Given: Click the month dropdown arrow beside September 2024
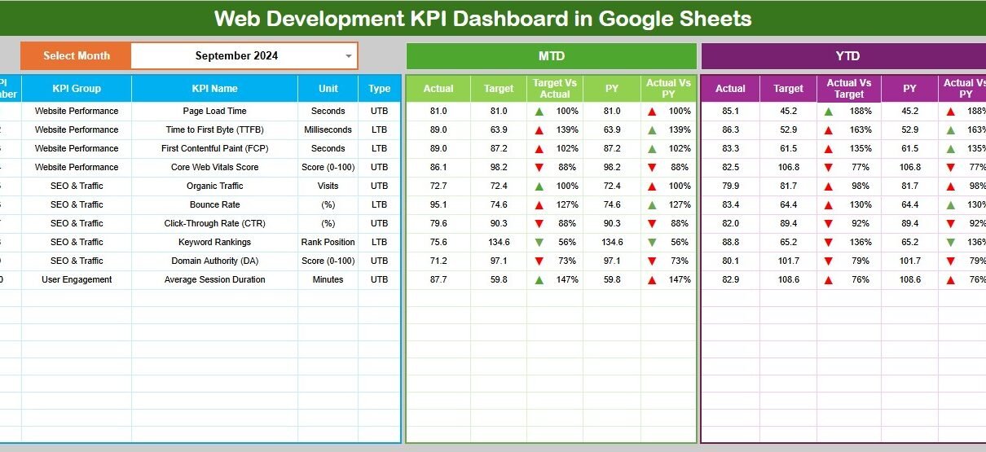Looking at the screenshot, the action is pyautogui.click(x=348, y=56).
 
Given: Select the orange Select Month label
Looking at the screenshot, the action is pyautogui.click(x=76, y=56).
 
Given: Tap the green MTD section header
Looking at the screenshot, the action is pyautogui.click(x=551, y=56).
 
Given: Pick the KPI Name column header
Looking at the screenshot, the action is pyautogui.click(x=214, y=89).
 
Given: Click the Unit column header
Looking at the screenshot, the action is pyautogui.click(x=328, y=89).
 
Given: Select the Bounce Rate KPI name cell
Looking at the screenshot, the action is pyautogui.click(x=214, y=204).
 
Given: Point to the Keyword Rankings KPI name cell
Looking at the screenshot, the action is pyautogui.click(x=214, y=242).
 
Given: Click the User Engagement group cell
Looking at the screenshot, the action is pyautogui.click(x=77, y=279).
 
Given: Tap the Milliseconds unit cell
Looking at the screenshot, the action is pyautogui.click(x=328, y=129).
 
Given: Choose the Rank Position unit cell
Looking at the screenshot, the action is pyautogui.click(x=328, y=242).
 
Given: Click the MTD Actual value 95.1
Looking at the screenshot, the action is pyautogui.click(x=438, y=204).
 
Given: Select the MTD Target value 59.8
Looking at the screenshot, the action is pyautogui.click(x=499, y=279).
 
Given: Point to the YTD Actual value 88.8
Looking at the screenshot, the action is pyautogui.click(x=730, y=242).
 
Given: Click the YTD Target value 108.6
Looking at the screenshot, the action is pyautogui.click(x=788, y=279).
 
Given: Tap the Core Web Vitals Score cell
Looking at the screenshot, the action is pyautogui.click(x=214, y=167).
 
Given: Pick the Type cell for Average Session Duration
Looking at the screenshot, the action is pyautogui.click(x=379, y=279).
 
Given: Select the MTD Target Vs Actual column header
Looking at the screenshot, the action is pyautogui.click(x=555, y=89).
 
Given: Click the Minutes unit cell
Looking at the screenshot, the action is pyautogui.click(x=328, y=279).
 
